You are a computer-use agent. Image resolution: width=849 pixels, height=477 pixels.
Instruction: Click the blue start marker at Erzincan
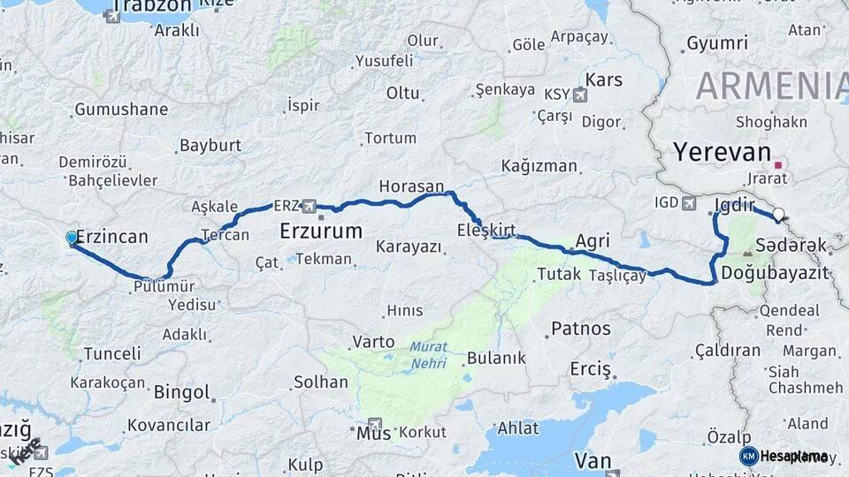click(72, 238)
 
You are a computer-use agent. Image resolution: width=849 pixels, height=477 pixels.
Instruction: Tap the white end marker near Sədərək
click(778, 214)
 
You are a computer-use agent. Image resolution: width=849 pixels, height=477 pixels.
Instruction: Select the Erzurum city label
click(320, 232)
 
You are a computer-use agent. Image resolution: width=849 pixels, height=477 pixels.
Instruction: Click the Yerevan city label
click(722, 151)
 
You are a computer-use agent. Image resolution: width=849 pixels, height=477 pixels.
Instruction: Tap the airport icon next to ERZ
click(309, 206)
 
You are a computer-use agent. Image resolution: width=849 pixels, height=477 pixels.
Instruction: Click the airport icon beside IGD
click(689, 204)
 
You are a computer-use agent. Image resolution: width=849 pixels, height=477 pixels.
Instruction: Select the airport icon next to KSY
click(579, 95)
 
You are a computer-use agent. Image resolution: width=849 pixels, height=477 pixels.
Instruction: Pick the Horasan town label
click(410, 186)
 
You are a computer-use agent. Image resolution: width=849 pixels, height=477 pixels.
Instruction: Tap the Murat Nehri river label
click(428, 355)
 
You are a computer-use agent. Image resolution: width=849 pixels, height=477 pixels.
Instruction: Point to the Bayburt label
click(210, 145)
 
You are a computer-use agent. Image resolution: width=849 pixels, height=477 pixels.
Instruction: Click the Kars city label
click(604, 79)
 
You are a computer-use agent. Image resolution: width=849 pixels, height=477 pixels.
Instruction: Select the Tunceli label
click(112, 353)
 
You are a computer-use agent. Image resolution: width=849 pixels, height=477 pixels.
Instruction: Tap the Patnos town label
click(580, 329)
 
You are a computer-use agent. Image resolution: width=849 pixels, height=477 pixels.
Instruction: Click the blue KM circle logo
click(748, 456)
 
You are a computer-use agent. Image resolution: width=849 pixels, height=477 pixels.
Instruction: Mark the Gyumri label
click(717, 42)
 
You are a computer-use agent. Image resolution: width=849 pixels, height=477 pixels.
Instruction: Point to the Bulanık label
click(496, 358)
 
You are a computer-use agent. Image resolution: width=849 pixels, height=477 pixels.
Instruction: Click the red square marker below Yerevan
click(778, 164)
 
